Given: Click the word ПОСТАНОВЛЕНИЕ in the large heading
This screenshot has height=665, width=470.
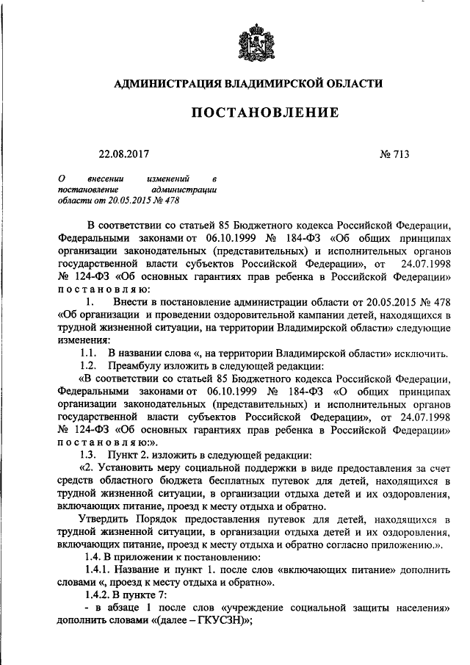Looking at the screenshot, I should click(265, 112).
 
